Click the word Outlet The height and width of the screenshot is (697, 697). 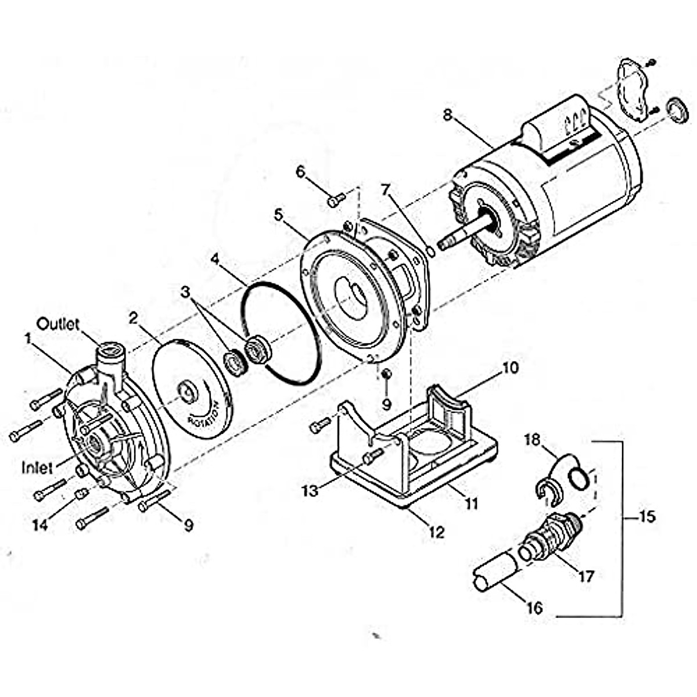pos(58,324)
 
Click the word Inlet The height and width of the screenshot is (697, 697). pos(38,466)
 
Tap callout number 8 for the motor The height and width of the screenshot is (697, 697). pos(447,114)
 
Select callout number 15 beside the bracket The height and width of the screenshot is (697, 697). pos(647,516)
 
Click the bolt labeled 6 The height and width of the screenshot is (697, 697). pos(336,200)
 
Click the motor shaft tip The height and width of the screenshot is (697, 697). pos(443,245)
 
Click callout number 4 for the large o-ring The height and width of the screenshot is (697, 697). pos(215,257)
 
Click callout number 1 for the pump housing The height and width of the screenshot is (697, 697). pos(27,337)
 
